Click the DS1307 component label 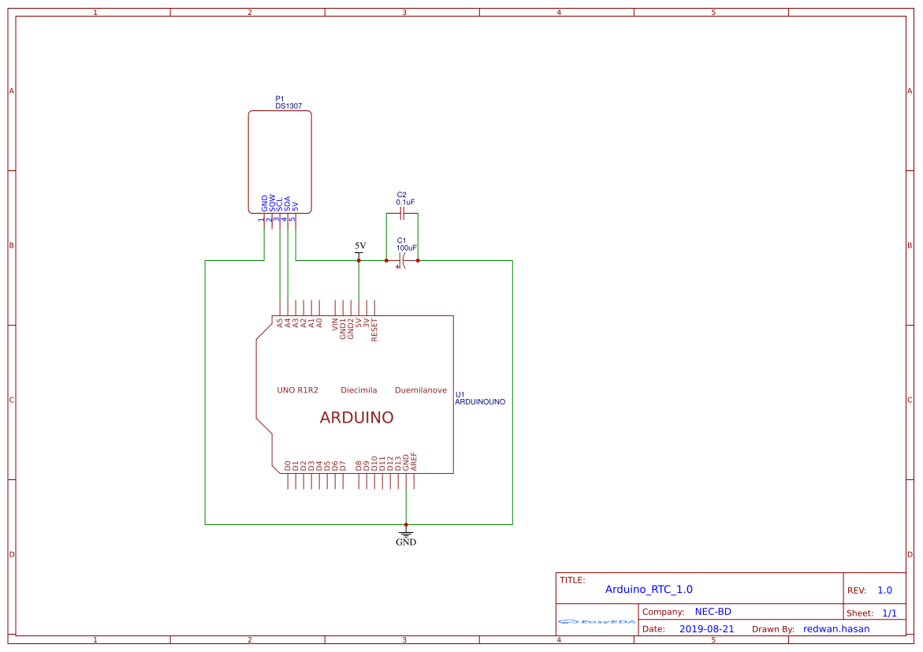coord(288,106)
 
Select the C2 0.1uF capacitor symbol coord(401,214)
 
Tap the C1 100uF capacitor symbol coord(401,261)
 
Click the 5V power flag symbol coord(360,247)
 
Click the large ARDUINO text coord(356,418)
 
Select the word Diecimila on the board coord(359,390)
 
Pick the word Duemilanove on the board coord(420,390)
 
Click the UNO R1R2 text coord(297,390)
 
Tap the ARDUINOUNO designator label coord(479,402)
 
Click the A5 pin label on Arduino coord(279,322)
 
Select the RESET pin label coord(374,329)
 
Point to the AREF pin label coord(414,462)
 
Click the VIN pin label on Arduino coord(335,324)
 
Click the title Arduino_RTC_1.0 coord(649,589)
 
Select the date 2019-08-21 coord(706,629)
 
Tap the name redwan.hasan coord(836,629)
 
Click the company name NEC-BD coord(713,612)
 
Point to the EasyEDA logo coord(597,621)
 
